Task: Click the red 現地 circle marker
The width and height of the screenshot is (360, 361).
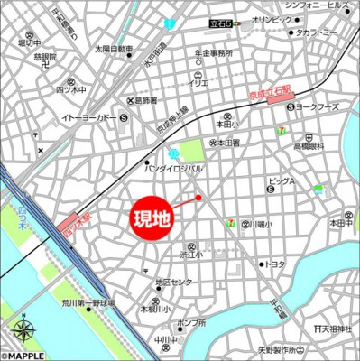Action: pyautogui.click(x=152, y=218)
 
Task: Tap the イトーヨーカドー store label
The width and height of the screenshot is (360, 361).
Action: pyautogui.click(x=89, y=117)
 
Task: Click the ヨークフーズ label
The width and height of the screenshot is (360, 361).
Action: pyautogui.click(x=317, y=107)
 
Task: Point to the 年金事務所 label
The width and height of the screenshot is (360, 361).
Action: pyautogui.click(x=214, y=53)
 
